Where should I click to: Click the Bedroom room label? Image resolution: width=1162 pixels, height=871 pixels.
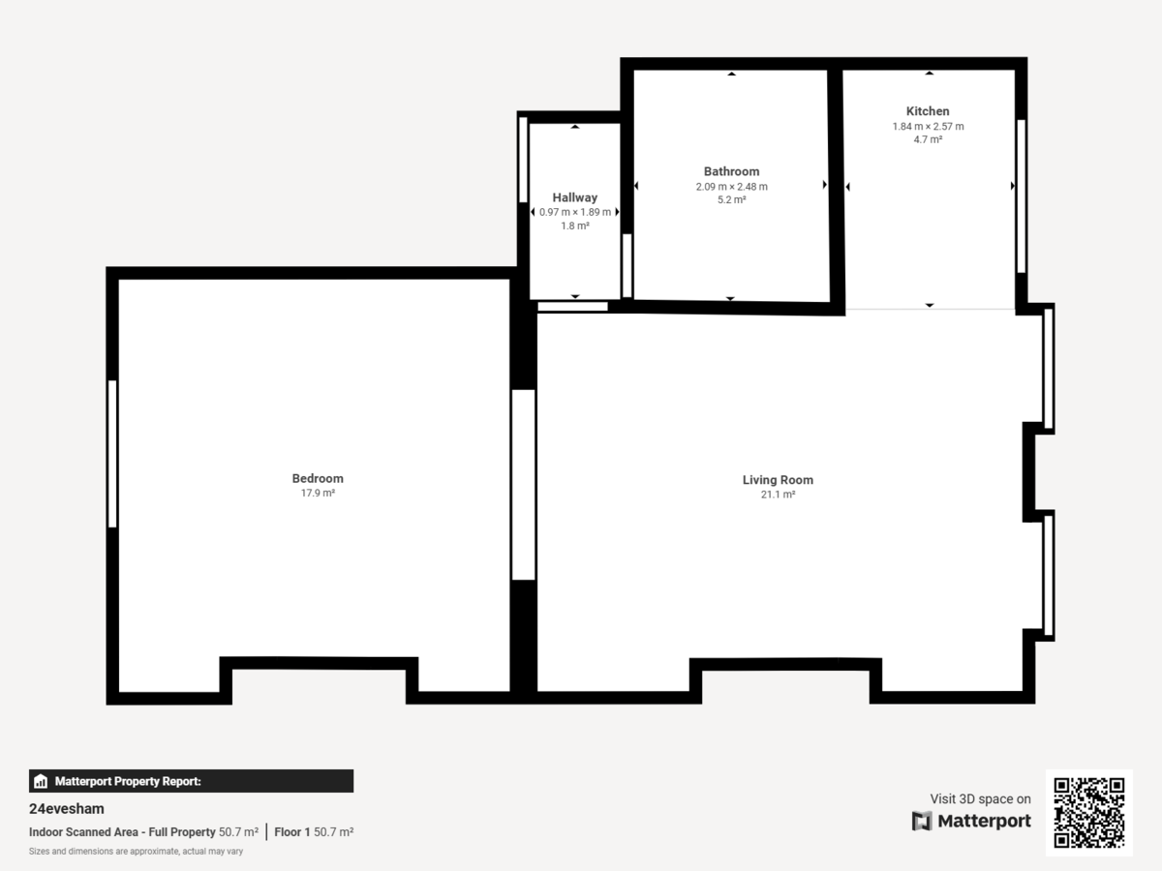click(x=318, y=478)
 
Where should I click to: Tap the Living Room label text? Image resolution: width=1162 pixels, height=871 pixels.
click(x=778, y=480)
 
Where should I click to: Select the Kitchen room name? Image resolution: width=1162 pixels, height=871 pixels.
click(x=928, y=111)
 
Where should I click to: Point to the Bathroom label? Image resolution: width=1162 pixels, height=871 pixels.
click(x=731, y=171)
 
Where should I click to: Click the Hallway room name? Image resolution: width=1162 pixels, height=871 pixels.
click(x=575, y=197)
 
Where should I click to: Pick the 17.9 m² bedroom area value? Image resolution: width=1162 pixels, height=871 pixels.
click(x=318, y=494)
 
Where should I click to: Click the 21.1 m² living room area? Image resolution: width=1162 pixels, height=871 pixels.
click(x=778, y=495)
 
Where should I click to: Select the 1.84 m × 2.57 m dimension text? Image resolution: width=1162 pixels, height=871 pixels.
click(x=928, y=126)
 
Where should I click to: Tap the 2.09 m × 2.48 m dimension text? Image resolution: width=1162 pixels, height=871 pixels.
click(x=731, y=187)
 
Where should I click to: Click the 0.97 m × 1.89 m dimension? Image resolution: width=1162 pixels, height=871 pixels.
click(x=575, y=212)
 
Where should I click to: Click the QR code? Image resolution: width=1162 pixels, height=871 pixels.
click(x=1088, y=813)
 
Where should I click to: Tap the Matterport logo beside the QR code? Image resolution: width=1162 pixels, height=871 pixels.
click(x=971, y=821)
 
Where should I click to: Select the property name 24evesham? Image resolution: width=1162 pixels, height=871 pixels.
click(x=67, y=809)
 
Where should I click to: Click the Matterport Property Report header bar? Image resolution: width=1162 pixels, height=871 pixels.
click(x=191, y=781)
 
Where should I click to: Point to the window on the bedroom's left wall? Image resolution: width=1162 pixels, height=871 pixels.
click(x=112, y=454)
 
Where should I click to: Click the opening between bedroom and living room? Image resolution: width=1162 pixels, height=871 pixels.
click(x=523, y=484)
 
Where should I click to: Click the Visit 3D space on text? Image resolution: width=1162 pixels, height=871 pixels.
click(x=980, y=798)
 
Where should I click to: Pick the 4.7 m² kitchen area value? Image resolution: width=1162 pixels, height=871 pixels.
click(x=928, y=139)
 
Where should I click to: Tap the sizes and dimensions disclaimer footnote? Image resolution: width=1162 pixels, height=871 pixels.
click(x=136, y=852)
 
